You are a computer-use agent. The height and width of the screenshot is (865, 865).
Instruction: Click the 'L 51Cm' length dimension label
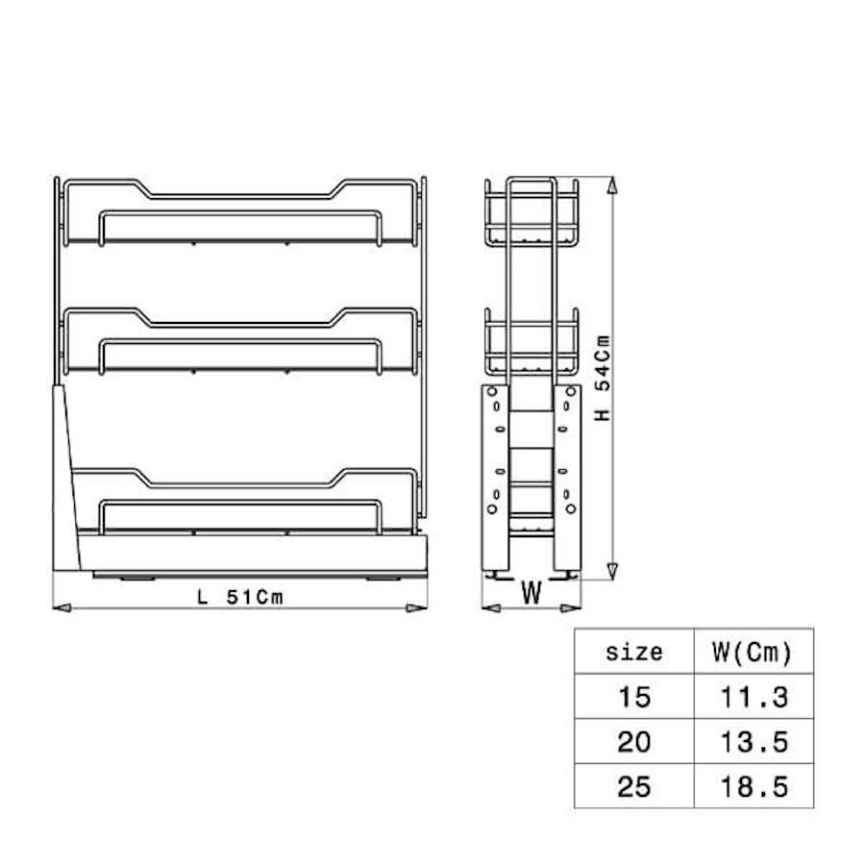tap(240, 597)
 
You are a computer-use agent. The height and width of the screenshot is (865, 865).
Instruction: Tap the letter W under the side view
tap(531, 593)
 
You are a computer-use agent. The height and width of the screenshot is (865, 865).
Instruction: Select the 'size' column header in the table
tap(634, 652)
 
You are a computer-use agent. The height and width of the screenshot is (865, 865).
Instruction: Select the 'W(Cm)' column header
tap(753, 652)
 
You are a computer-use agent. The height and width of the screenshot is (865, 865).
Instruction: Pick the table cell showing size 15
tap(634, 697)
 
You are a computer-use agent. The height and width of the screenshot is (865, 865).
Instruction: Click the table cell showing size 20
tap(634, 742)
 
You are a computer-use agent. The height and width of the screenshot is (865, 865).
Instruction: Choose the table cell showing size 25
tap(634, 786)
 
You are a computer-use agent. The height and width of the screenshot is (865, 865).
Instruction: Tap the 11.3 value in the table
tap(754, 698)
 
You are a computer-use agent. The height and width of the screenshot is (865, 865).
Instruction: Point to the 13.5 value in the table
tap(754, 742)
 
